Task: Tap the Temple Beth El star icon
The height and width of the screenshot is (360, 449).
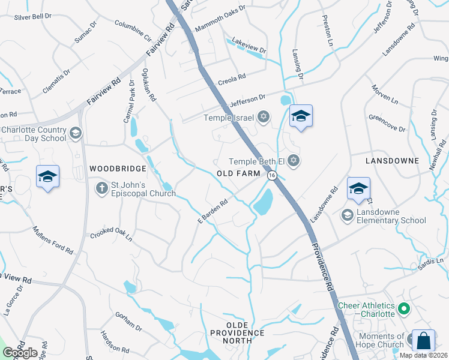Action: [294, 160]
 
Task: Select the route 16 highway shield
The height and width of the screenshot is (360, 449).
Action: [272, 175]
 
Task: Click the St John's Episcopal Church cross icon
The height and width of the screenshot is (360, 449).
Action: [101, 188]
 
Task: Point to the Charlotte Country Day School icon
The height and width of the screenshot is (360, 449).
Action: [76, 133]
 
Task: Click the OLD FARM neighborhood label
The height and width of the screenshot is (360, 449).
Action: [239, 173]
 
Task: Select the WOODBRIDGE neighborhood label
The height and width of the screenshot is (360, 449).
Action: [118, 169]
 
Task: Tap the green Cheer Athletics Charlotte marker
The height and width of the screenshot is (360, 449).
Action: [404, 310]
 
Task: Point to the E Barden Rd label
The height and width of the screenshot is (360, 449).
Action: [213, 212]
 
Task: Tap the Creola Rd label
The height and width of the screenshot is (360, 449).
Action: [232, 78]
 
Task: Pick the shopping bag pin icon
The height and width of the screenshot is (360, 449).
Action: [423, 340]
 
